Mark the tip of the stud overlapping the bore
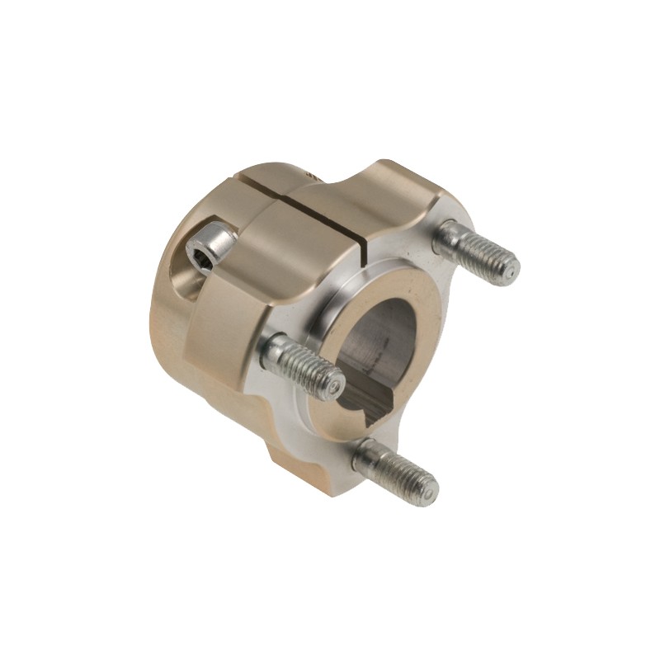[x=333, y=381]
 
